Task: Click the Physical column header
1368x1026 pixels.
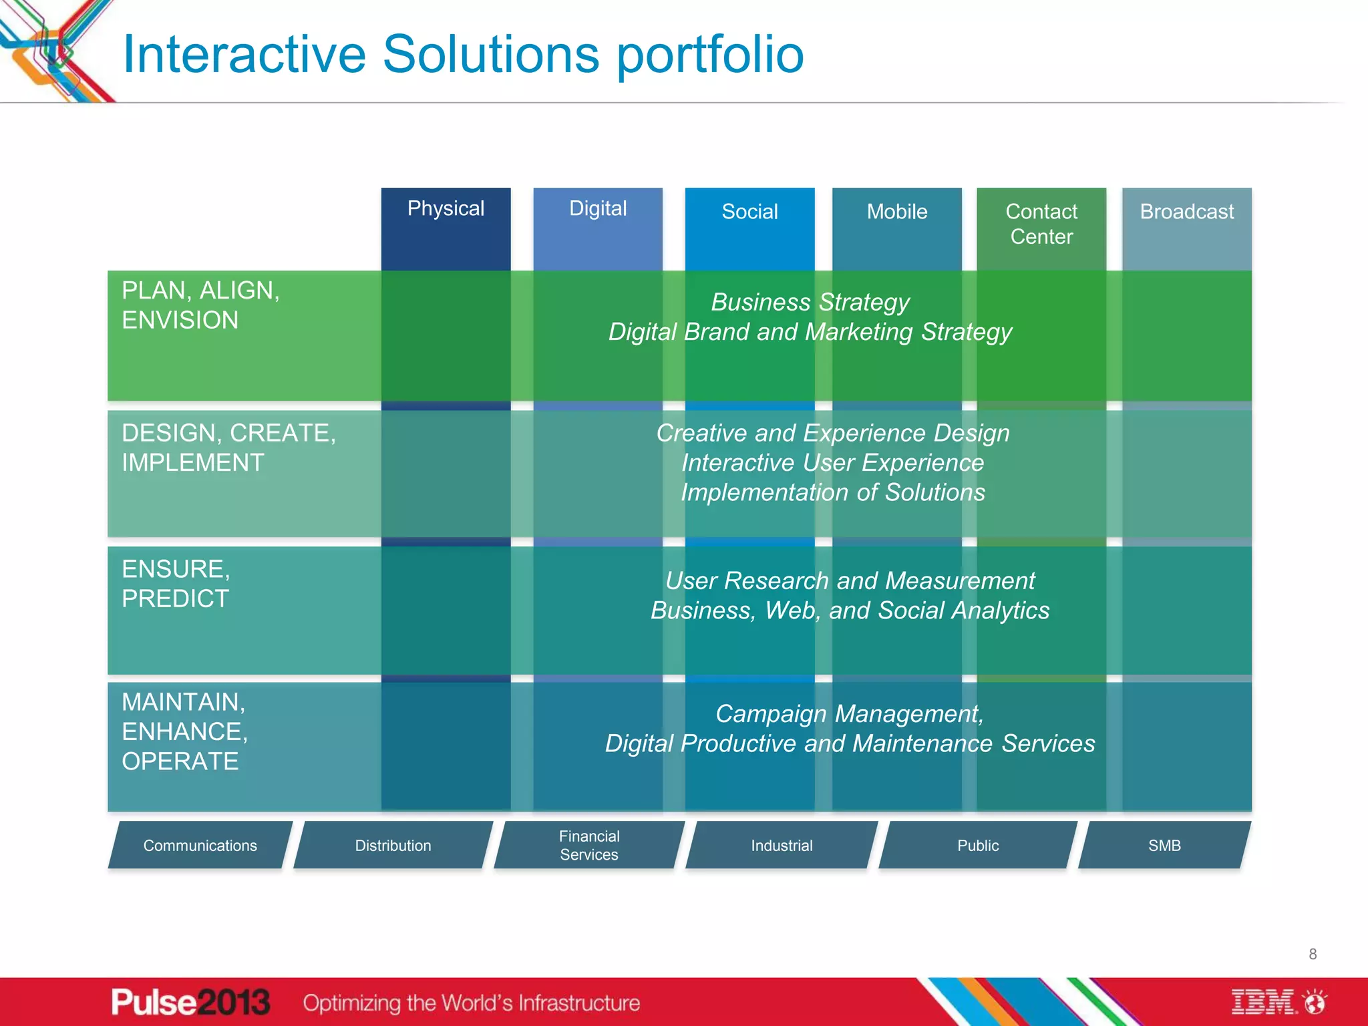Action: point(446,209)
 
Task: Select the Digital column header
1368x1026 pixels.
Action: point(598,209)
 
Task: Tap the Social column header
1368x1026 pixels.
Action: point(749,212)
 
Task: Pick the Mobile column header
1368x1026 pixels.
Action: point(896,212)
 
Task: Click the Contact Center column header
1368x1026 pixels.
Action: point(1041,224)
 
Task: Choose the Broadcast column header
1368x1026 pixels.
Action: point(1186,212)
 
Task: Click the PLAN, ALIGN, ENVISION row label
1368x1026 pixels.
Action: point(200,305)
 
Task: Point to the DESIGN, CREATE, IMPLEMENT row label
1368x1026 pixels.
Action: point(228,448)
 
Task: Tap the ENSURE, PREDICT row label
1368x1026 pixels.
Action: point(176,584)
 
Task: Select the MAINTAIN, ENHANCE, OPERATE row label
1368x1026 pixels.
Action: point(185,731)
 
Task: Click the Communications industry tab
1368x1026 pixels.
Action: point(200,846)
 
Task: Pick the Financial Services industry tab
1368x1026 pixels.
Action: point(589,846)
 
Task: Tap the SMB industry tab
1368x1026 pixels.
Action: point(1164,846)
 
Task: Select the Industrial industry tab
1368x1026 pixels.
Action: point(782,846)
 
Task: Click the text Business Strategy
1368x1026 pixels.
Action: point(810,302)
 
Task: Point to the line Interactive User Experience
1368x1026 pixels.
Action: point(832,463)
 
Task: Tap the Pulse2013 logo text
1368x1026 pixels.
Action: point(190,1002)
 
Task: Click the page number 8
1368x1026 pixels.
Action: point(1313,954)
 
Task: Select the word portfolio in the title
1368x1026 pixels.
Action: point(710,55)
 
